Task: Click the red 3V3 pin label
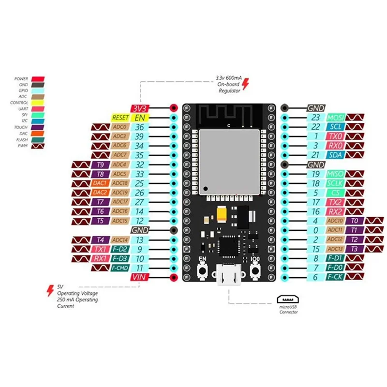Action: [x=139, y=108]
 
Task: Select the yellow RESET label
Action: [x=120, y=118]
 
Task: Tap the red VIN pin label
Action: [x=139, y=277]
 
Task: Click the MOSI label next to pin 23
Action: [x=335, y=118]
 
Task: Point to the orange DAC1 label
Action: [x=100, y=183]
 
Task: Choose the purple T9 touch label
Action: [x=100, y=164]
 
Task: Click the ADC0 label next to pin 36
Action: [x=119, y=127]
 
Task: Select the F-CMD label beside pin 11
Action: [x=119, y=268]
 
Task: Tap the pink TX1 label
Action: [x=100, y=249]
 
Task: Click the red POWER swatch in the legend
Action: [x=38, y=79]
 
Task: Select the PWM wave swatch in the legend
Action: [x=38, y=145]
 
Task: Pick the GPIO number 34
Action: [x=140, y=146]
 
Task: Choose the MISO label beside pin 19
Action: [x=335, y=174]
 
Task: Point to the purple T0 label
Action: [x=354, y=221]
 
